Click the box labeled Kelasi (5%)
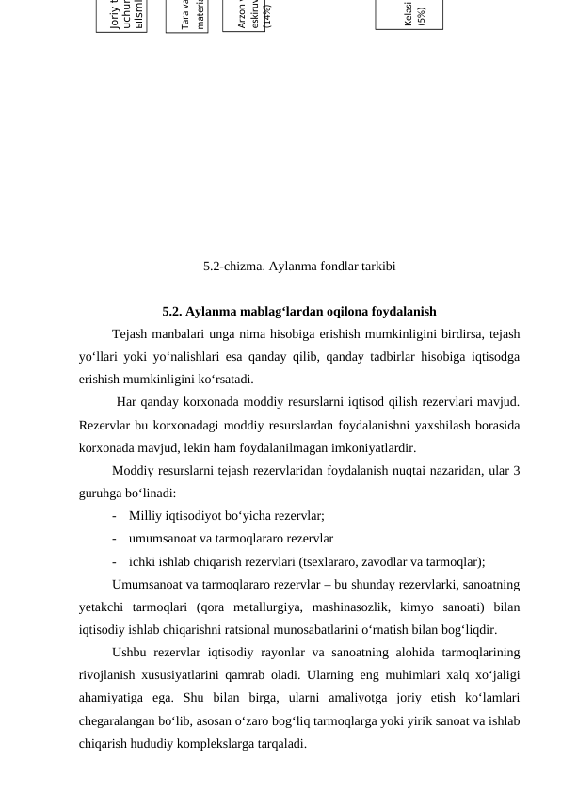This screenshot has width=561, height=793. [409, 14]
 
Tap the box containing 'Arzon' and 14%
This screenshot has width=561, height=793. [244, 15]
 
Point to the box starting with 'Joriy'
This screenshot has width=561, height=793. [121, 16]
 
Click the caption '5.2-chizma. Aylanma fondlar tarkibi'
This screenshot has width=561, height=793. [299, 267]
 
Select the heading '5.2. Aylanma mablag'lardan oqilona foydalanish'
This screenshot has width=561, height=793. [299, 311]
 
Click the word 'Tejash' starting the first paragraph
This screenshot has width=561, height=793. [130, 333]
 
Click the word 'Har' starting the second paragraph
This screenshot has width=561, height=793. [128, 403]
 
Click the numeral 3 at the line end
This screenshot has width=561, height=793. [516, 470]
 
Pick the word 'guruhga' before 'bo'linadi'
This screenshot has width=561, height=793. [100, 493]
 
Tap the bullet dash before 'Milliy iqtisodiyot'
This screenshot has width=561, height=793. [114, 516]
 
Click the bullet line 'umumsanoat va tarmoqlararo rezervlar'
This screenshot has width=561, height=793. [231, 539]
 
